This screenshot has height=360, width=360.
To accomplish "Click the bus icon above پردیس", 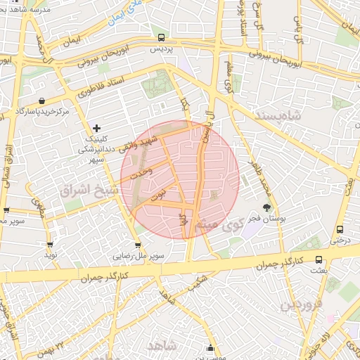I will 162,38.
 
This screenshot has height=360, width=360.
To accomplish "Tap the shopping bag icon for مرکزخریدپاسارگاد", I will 44,101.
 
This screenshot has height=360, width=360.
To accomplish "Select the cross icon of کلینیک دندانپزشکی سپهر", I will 97,128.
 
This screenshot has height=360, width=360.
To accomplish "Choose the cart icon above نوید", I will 50,245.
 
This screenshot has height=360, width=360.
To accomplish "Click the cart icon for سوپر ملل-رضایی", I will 138,245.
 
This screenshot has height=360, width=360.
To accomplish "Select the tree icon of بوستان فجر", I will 266,207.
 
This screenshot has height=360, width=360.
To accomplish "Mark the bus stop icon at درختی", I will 340,229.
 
